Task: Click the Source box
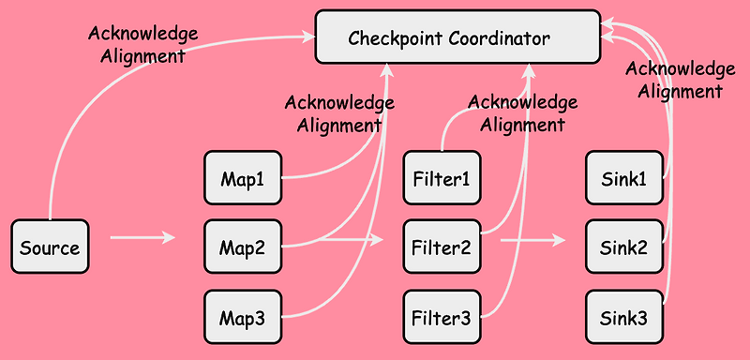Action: pos(50,248)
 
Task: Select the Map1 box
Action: pos(243,178)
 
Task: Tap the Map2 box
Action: pos(243,248)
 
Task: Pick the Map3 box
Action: pos(243,319)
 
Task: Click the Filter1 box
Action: pos(440,178)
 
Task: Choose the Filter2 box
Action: pos(440,248)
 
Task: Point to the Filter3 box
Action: pos(440,319)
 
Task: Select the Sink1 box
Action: pos(623,178)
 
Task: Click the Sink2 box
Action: pos(623,248)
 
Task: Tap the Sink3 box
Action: pos(623,319)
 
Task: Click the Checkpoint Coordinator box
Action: pos(457,37)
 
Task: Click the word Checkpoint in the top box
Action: pos(395,38)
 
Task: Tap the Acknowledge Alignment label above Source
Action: pos(142,44)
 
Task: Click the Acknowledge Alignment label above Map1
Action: pos(339,112)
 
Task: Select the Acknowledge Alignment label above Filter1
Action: pos(523,112)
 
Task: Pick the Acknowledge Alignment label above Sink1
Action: pos(680,80)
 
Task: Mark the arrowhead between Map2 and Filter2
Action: pos(377,240)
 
